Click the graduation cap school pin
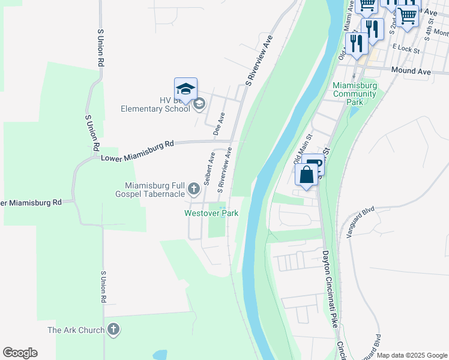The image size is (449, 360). pos(186,89)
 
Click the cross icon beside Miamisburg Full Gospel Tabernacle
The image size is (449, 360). pos(193,190)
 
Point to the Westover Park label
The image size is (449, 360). pos(211,213)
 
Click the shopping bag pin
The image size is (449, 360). pos(307,176)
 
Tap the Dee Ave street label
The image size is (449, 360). pos(221,122)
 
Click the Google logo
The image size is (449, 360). pos(20,353)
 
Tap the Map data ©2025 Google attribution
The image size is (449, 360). pos(412,355)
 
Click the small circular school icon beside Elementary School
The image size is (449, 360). pos(199,105)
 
